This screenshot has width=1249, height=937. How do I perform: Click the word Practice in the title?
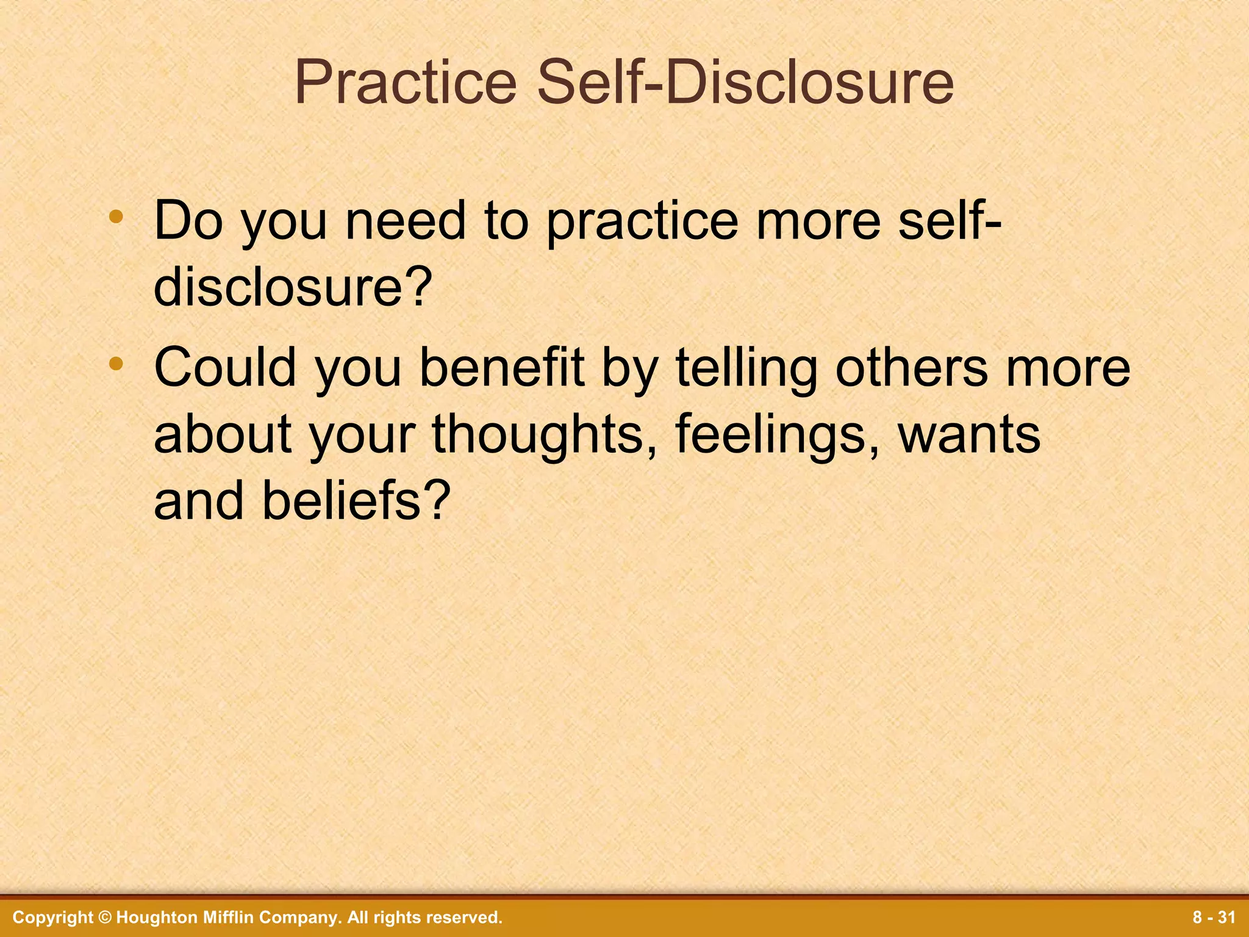tap(406, 84)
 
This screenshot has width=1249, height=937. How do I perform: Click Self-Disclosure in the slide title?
tap(745, 84)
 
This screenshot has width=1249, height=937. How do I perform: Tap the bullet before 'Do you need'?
tap(116, 217)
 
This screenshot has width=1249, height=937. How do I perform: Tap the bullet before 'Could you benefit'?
tap(116, 364)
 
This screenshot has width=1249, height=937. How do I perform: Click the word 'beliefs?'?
tap(356, 501)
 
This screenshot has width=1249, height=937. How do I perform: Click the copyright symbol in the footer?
tap(105, 917)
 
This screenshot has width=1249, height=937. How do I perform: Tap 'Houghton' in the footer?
tap(150, 917)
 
